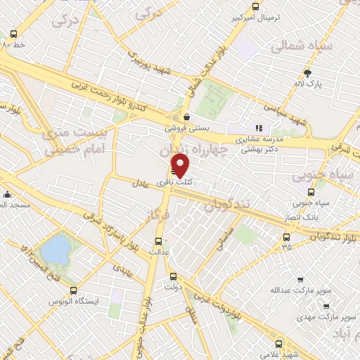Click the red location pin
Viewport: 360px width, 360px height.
click(181, 165)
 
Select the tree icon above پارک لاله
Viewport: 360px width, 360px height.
click(307, 73)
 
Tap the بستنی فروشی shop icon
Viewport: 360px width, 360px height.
click(186, 117)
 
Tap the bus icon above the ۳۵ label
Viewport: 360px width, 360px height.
click(285, 236)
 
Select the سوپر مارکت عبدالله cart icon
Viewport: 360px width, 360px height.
click(300, 279)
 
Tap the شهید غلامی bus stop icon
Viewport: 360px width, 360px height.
click(280, 345)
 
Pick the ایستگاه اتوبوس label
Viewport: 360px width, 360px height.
click(73, 301)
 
